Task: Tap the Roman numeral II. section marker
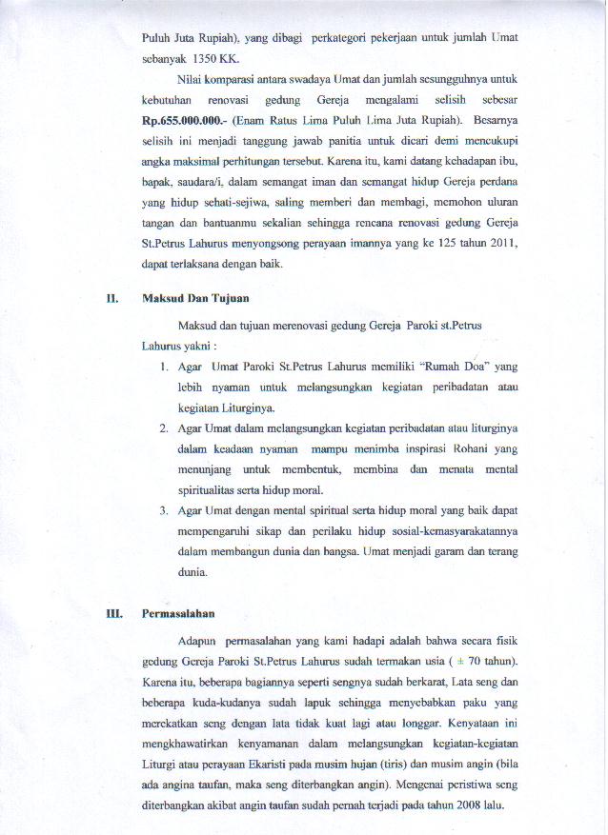point(112,297)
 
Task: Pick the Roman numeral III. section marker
point(115,614)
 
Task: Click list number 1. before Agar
point(165,367)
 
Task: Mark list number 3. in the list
point(165,510)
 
